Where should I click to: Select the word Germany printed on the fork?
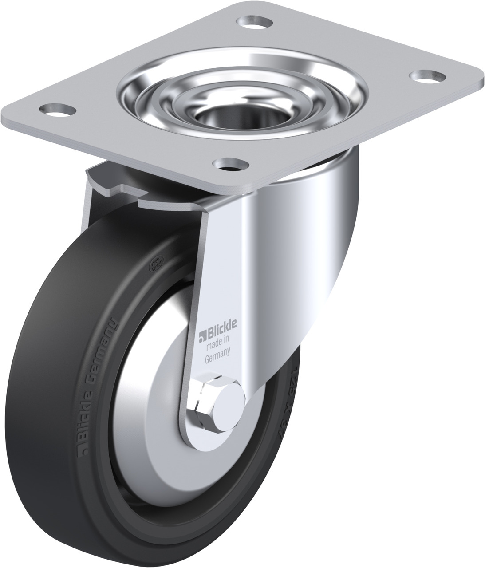[217, 353]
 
